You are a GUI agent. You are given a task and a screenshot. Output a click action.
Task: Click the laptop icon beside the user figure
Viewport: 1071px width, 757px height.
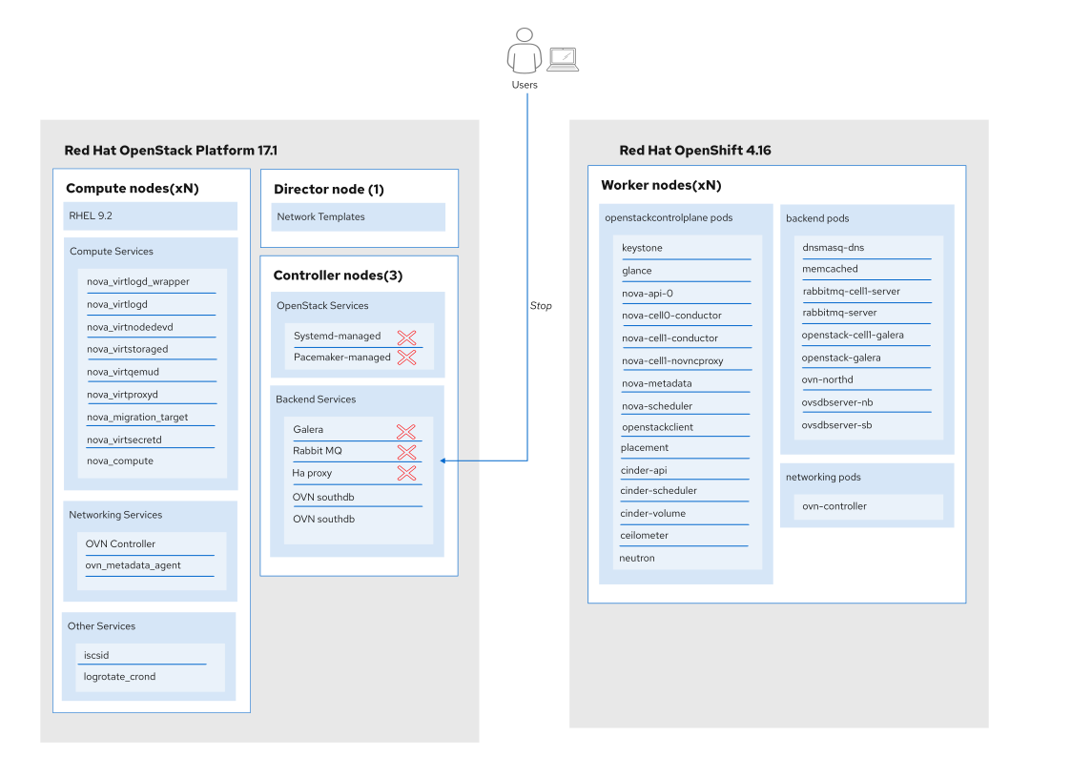pyautogui.click(x=563, y=59)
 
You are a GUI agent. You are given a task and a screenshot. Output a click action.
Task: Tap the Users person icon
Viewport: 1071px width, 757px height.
pyautogui.click(x=524, y=51)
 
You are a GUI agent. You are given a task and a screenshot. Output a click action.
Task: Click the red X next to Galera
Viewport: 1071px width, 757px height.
pyautogui.click(x=405, y=431)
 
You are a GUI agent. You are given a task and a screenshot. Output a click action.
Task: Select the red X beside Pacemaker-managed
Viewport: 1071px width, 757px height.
pyautogui.click(x=406, y=357)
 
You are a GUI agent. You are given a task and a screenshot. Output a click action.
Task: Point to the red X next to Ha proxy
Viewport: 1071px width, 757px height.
pyautogui.click(x=406, y=473)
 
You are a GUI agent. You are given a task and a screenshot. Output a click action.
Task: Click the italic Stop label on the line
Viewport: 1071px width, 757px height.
pyautogui.click(x=541, y=306)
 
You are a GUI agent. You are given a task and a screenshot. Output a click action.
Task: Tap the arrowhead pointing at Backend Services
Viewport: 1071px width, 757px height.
pyautogui.click(x=443, y=460)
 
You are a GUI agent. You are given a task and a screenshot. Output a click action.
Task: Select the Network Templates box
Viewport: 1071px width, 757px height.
pyautogui.click(x=358, y=216)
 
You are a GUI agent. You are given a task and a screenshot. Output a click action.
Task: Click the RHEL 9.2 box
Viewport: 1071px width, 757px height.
pyautogui.click(x=151, y=215)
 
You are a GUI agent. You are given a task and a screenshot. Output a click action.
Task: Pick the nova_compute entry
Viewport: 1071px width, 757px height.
pyautogui.click(x=120, y=460)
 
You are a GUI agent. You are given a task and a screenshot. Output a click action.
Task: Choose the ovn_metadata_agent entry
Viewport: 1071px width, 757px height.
pyautogui.click(x=134, y=565)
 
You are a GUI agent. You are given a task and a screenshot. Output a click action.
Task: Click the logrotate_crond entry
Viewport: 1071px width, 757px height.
pyautogui.click(x=119, y=677)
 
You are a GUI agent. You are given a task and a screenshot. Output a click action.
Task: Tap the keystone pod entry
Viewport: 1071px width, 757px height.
pyautogui.click(x=642, y=248)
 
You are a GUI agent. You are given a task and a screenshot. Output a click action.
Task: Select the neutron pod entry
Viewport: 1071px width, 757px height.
pyautogui.click(x=636, y=558)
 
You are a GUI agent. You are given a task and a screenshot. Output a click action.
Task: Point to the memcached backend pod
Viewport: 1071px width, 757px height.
pyautogui.click(x=830, y=269)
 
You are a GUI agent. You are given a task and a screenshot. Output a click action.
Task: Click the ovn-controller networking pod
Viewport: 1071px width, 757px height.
pyautogui.click(x=834, y=506)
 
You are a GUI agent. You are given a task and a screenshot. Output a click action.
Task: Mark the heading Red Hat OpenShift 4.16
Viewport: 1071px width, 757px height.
pyautogui.click(x=695, y=151)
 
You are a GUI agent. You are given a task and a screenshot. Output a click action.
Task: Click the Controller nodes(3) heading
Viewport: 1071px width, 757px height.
pyautogui.click(x=339, y=276)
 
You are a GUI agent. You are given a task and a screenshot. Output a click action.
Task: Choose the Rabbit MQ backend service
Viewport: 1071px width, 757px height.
pyautogui.click(x=318, y=451)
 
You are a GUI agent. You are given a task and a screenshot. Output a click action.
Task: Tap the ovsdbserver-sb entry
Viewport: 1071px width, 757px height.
pyautogui.click(x=836, y=424)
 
